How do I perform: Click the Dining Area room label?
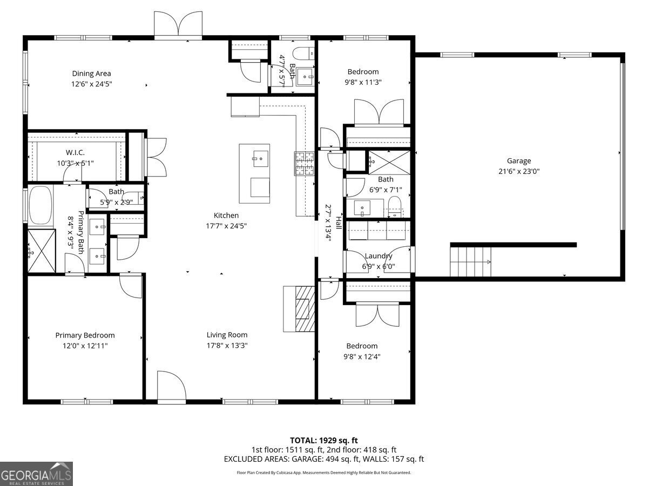click(x=91, y=73)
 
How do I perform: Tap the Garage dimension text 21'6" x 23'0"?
click(x=518, y=171)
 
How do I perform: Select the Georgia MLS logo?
click(x=36, y=474)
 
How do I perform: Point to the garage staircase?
click(x=471, y=261)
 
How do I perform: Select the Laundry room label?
click(x=378, y=256)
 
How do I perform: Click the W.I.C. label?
click(x=75, y=153)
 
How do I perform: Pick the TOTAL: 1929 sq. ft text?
click(x=324, y=440)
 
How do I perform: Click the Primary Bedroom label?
click(x=85, y=335)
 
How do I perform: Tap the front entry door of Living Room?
click(x=171, y=386)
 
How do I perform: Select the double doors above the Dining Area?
click(x=178, y=25)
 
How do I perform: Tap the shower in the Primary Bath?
click(x=42, y=251)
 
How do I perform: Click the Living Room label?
click(x=227, y=335)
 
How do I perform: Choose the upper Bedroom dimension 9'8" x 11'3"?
click(x=363, y=82)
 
